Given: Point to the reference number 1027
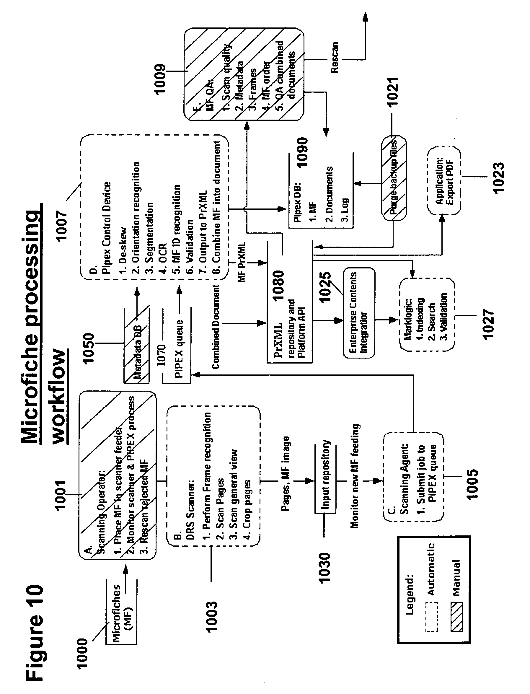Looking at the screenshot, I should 488,324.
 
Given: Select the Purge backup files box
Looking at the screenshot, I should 393,178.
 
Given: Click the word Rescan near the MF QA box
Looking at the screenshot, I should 335,58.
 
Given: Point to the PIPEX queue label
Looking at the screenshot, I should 179,349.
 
